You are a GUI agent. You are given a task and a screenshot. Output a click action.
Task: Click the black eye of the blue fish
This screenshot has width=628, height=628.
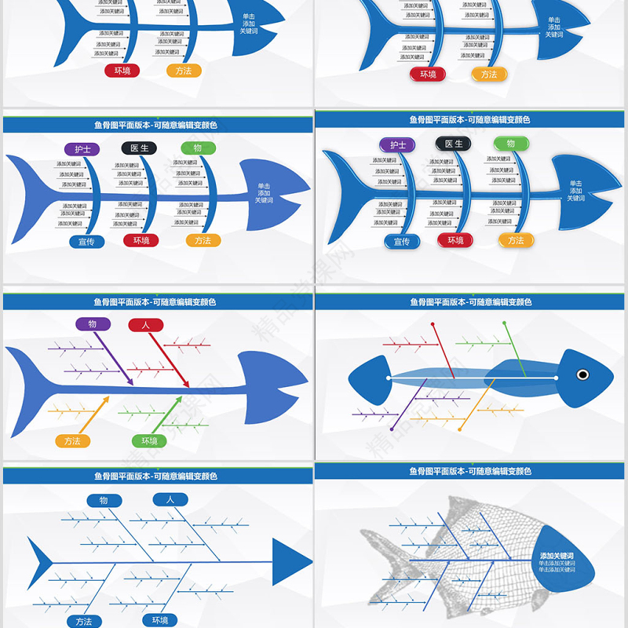583,374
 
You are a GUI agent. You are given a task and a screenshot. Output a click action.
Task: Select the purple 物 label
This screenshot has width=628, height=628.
93,324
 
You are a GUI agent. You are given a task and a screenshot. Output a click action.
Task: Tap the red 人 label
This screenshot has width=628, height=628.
145,325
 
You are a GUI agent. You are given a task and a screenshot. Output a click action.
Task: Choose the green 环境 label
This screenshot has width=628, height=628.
149,441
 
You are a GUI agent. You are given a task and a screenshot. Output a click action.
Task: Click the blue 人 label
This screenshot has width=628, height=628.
170,498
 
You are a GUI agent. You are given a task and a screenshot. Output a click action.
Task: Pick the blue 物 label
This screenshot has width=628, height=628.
104,500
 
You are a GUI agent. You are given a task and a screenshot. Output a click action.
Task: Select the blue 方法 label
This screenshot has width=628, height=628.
84,621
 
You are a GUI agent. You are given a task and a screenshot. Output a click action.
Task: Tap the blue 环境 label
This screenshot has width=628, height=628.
160,620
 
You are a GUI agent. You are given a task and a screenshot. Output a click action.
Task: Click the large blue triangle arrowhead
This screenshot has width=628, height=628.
290,562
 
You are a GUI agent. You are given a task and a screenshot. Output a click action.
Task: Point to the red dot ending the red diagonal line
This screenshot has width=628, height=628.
433,323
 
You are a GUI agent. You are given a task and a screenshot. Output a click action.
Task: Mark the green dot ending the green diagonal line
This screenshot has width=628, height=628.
505,323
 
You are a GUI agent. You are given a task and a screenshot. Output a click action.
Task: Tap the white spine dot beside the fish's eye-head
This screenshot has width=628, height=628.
556,378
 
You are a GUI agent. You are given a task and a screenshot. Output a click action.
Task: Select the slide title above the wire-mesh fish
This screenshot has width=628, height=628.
470,471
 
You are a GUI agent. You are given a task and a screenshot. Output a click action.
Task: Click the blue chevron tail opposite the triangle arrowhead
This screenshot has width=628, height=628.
41,562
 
